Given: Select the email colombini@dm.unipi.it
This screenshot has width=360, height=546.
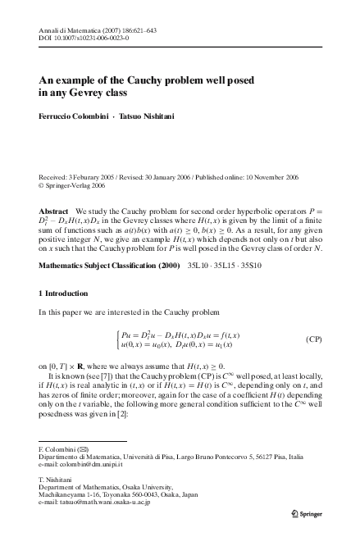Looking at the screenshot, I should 80,465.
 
